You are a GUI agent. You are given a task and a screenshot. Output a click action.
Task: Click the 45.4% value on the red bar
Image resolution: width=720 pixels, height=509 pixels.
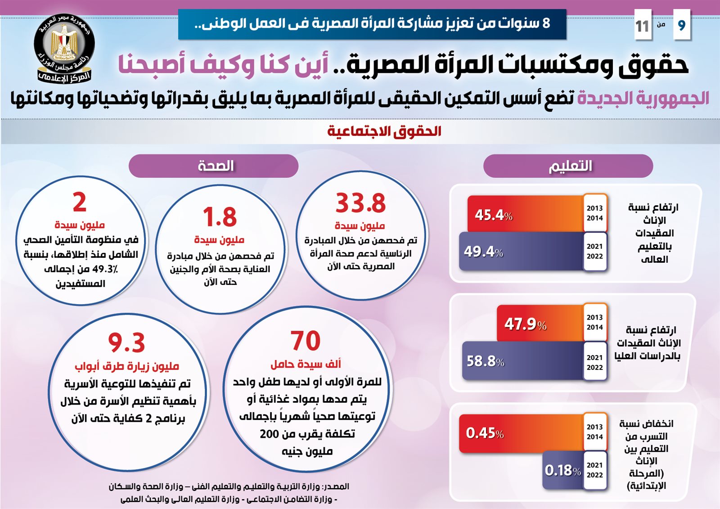click(x=494, y=215)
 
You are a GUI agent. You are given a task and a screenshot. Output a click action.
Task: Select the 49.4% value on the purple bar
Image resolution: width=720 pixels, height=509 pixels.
click(x=483, y=252)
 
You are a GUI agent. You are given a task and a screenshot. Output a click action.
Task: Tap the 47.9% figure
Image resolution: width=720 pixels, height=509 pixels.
click(x=525, y=324)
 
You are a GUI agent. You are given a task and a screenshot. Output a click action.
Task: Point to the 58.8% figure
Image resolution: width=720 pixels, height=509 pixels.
click(x=485, y=361)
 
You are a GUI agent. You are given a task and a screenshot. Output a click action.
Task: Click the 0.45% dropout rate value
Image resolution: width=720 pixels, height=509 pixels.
click(x=485, y=433)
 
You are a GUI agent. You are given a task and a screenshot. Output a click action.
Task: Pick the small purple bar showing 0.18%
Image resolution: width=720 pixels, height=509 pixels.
click(x=562, y=471)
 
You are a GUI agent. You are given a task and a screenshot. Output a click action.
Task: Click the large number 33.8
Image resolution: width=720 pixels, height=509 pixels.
click(x=360, y=203)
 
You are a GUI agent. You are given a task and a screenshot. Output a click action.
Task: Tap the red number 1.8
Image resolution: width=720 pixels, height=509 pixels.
click(x=220, y=217)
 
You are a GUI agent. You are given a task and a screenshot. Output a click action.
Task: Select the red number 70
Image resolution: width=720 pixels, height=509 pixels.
click(x=306, y=341)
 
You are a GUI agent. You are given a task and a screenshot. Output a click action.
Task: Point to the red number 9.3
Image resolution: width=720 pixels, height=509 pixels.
click(x=126, y=343)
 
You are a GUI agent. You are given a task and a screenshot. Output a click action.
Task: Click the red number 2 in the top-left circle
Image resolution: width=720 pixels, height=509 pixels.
click(x=80, y=202)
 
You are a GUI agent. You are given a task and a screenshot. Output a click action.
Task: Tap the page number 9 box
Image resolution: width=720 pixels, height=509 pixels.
click(x=681, y=25)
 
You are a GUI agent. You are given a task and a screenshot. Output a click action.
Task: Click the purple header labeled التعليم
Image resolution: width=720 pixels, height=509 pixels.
click(x=568, y=166)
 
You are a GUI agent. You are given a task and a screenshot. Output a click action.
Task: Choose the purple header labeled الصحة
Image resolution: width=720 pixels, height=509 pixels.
click(x=214, y=166)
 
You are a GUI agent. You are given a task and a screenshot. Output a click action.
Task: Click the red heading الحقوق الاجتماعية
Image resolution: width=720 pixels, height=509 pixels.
click(x=384, y=131)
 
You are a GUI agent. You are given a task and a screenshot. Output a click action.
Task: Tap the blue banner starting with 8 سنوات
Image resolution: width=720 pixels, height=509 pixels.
click(x=372, y=24)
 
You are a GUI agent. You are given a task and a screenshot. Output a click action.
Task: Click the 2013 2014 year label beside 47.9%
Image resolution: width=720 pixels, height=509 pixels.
click(x=594, y=322)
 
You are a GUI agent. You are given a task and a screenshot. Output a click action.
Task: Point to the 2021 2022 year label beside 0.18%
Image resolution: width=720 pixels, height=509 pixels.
click(x=594, y=470)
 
